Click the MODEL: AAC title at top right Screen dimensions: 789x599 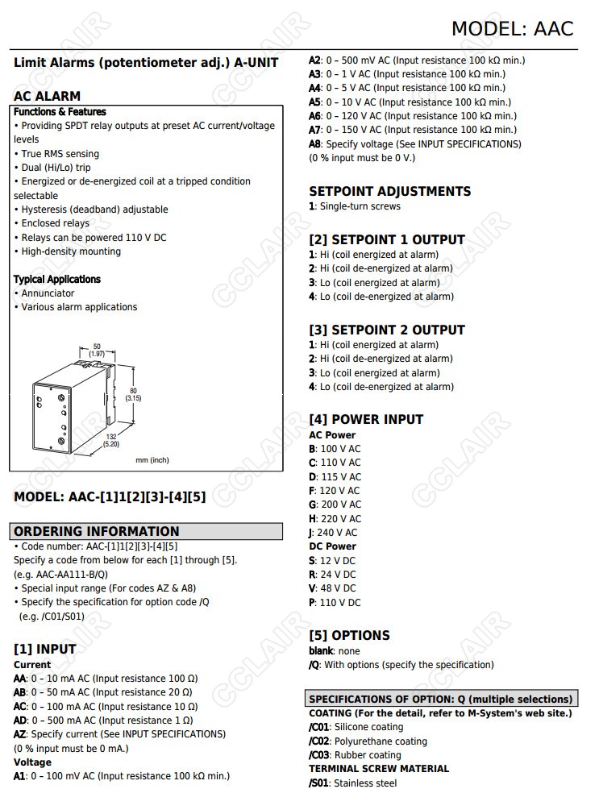[512, 28]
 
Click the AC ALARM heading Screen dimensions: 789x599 [47, 96]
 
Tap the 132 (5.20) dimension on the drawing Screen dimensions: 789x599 [111, 439]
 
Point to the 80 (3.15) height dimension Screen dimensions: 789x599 [133, 393]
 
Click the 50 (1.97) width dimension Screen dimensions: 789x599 [97, 350]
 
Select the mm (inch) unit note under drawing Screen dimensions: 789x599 [152, 460]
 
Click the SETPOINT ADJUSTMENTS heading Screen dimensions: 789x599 [389, 192]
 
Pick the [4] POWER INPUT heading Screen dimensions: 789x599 [365, 419]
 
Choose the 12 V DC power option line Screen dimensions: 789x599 [332, 561]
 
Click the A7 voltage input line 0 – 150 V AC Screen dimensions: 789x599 [413, 130]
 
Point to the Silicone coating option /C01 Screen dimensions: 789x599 [356, 727]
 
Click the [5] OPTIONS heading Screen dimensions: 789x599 [349, 635]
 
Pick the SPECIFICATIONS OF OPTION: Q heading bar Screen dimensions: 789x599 [440, 699]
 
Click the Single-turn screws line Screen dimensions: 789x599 [355, 206]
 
